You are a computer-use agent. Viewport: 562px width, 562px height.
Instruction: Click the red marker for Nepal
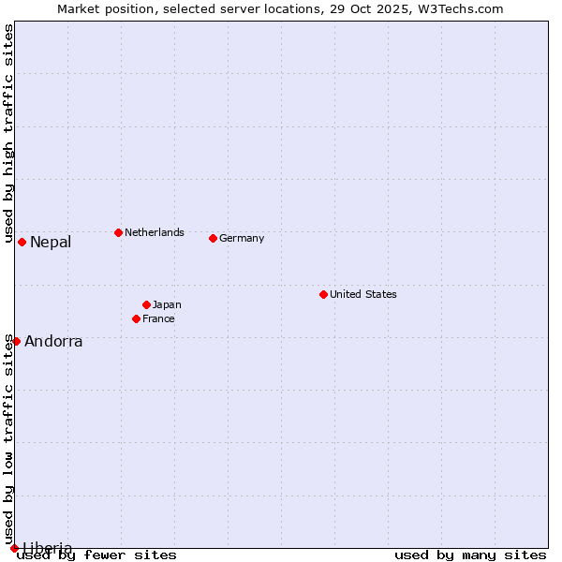point(22,242)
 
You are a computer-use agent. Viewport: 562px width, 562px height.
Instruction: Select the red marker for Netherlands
point(118,232)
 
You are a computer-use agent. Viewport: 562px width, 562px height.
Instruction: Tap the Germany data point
point(213,238)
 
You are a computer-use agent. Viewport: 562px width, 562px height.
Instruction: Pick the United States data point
point(323,294)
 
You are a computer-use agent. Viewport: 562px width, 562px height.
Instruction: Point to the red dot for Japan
point(146,304)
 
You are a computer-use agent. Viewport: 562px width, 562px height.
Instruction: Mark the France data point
point(136,318)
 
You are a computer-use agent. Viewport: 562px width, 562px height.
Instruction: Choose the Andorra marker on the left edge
point(16,341)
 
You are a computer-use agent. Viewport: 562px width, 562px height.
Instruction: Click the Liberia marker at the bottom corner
point(14,548)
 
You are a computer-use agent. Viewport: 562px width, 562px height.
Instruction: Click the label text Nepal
point(51,243)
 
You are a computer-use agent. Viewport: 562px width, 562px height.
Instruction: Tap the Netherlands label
point(155,232)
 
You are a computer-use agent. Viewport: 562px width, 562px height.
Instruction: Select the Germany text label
point(242,238)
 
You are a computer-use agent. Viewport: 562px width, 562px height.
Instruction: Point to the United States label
point(363,294)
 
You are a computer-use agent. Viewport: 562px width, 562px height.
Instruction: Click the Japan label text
point(167,304)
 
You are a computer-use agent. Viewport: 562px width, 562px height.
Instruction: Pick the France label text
point(158,318)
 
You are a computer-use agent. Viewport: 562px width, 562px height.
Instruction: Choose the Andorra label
point(53,342)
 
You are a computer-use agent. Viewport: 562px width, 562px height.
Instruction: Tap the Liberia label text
point(47,548)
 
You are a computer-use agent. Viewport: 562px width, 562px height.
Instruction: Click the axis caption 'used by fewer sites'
point(97,555)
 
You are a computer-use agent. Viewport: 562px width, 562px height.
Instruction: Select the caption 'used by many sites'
point(470,555)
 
